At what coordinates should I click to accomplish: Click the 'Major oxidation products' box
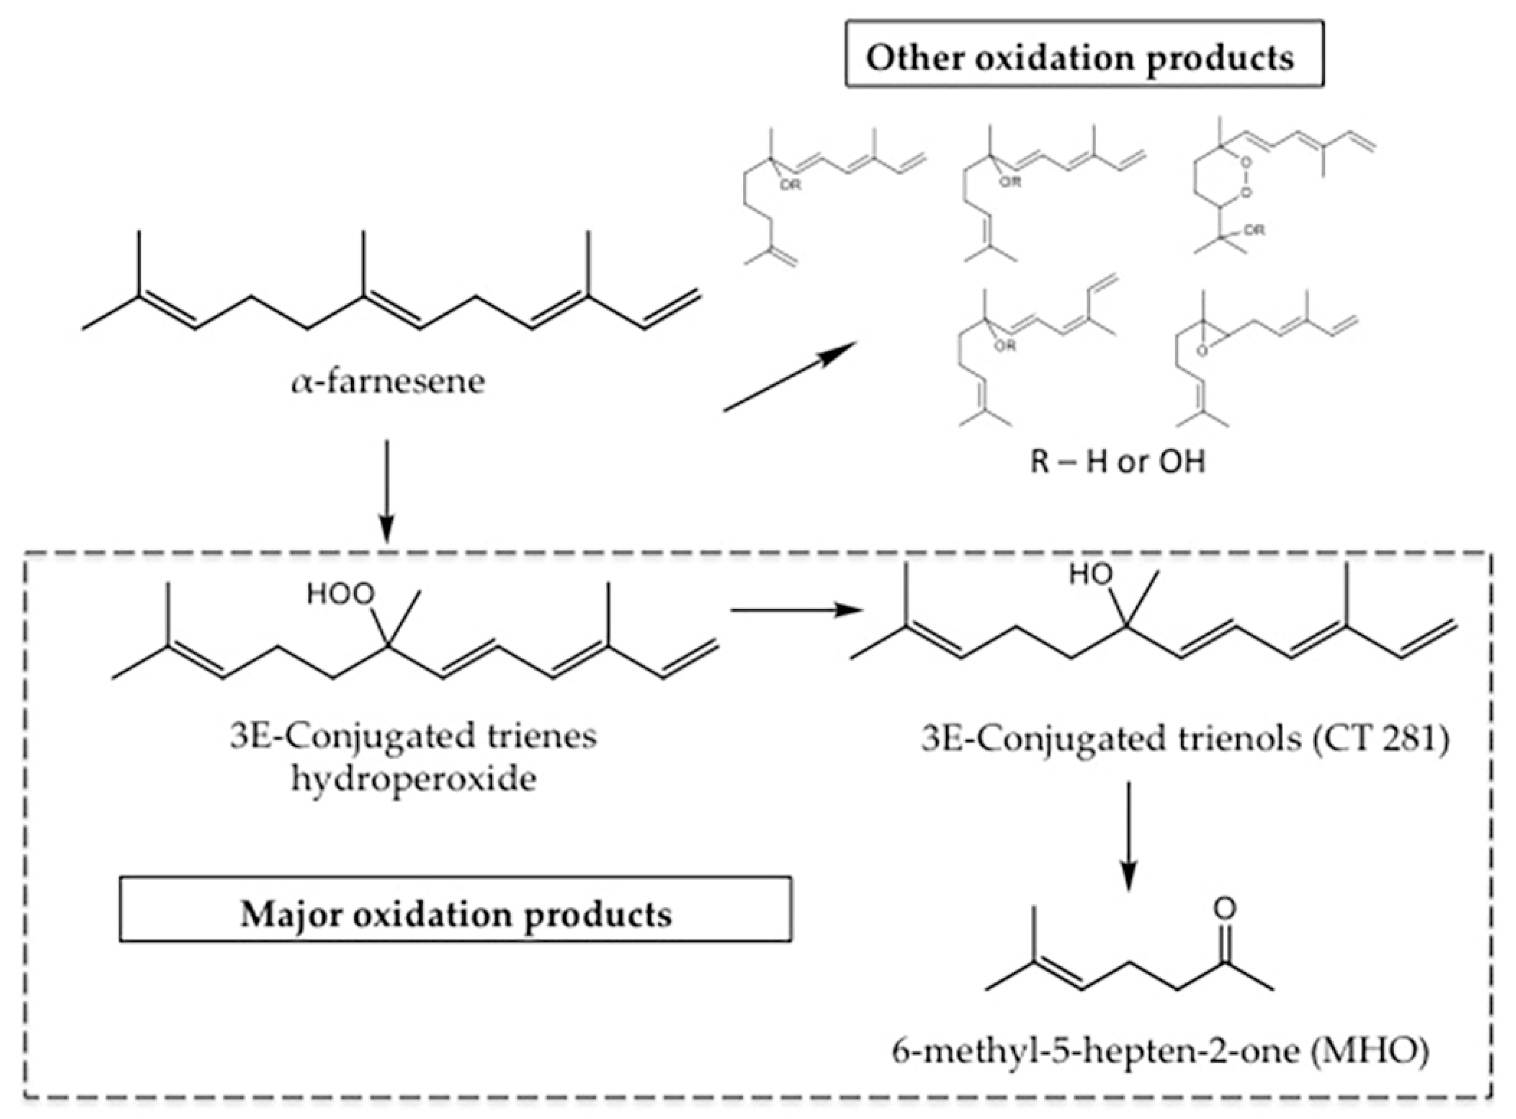point(456,914)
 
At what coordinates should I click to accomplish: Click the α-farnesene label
point(389,382)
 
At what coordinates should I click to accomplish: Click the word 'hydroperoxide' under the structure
point(414,779)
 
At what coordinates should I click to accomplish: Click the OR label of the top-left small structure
point(790,185)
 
